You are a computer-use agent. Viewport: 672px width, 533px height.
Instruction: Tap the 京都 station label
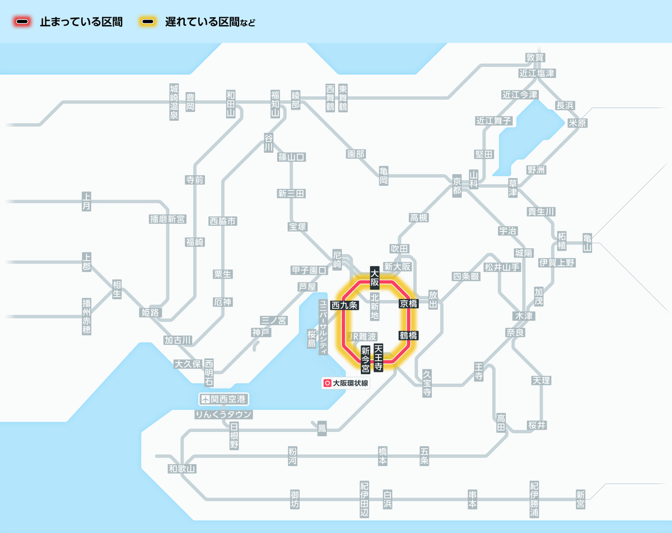point(457,185)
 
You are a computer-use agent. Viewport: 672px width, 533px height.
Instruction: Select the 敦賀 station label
point(535,58)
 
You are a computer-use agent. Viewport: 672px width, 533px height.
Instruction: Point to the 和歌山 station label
point(182,469)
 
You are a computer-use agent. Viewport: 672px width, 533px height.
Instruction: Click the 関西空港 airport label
point(224,399)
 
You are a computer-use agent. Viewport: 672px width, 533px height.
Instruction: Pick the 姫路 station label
point(150,313)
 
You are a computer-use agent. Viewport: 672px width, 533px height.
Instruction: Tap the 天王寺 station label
point(379,358)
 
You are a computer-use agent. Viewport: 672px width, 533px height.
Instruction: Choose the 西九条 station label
point(344,305)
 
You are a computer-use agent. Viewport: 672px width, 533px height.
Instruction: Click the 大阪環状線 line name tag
point(346,384)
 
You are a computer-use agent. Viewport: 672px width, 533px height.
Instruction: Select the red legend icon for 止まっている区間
point(23,22)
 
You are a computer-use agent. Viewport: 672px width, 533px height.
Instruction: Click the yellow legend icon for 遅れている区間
point(148,22)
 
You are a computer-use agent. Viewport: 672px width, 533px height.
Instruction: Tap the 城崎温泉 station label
point(174,102)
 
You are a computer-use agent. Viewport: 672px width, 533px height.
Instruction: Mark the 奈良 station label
point(515,332)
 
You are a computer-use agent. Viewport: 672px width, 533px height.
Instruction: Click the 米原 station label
point(577,123)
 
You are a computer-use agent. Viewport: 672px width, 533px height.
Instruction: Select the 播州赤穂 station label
point(86,316)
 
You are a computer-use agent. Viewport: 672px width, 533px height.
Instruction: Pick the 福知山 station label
point(275,103)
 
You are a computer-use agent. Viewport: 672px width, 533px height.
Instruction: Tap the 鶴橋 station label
point(408,336)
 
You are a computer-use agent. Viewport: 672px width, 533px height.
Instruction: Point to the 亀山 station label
point(587,243)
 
